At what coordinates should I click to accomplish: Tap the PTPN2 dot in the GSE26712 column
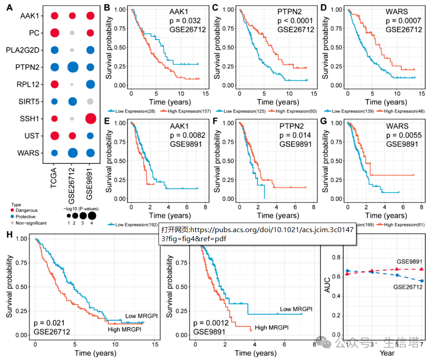72,68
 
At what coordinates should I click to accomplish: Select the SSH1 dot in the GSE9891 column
90,119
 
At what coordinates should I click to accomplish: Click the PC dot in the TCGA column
55,33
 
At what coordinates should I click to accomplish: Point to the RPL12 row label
30,84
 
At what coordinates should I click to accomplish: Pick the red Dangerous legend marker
14,210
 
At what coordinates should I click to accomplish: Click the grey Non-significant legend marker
14,223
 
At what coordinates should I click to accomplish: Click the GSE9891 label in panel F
295,145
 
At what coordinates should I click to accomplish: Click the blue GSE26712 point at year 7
421,281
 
